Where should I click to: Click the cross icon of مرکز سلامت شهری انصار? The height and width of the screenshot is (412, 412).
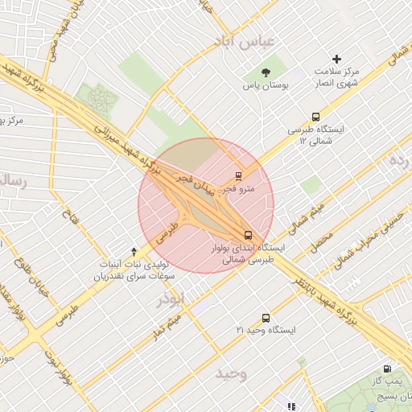point(337,59)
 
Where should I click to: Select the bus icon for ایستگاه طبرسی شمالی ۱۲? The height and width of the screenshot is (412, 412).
point(315,117)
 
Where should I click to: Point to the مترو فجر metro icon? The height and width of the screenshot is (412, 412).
point(238,176)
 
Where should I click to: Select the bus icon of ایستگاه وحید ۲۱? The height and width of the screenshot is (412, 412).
point(266,318)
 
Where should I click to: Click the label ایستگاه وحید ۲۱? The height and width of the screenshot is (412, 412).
point(266,331)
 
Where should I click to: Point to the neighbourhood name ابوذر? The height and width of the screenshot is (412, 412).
point(171,299)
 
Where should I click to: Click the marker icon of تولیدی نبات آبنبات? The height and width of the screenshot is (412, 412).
point(134,251)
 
